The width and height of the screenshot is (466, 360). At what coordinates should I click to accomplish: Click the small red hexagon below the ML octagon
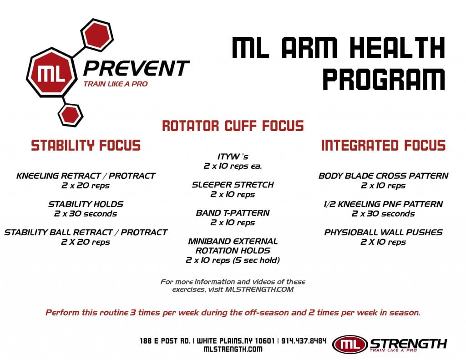click(71, 114)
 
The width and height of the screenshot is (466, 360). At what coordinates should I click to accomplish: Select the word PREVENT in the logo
click(136, 69)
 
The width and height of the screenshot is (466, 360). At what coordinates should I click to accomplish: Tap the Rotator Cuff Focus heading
click(233, 126)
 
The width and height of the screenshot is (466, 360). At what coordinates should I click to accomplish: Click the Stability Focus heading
click(86, 146)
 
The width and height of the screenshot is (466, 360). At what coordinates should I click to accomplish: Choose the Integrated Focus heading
click(383, 146)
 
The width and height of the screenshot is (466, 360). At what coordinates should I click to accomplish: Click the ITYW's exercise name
click(233, 157)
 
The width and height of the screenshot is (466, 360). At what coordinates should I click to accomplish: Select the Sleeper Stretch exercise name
click(233, 185)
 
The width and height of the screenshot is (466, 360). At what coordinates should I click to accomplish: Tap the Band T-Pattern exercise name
click(233, 213)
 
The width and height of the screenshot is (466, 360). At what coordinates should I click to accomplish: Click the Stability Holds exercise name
click(86, 204)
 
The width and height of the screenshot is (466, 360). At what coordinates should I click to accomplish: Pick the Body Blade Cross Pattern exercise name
click(383, 176)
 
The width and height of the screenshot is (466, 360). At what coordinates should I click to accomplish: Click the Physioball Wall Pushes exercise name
click(383, 232)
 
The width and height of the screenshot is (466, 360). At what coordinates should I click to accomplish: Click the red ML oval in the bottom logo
click(350, 345)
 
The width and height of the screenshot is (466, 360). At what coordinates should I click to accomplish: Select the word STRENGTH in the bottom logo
click(408, 343)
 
